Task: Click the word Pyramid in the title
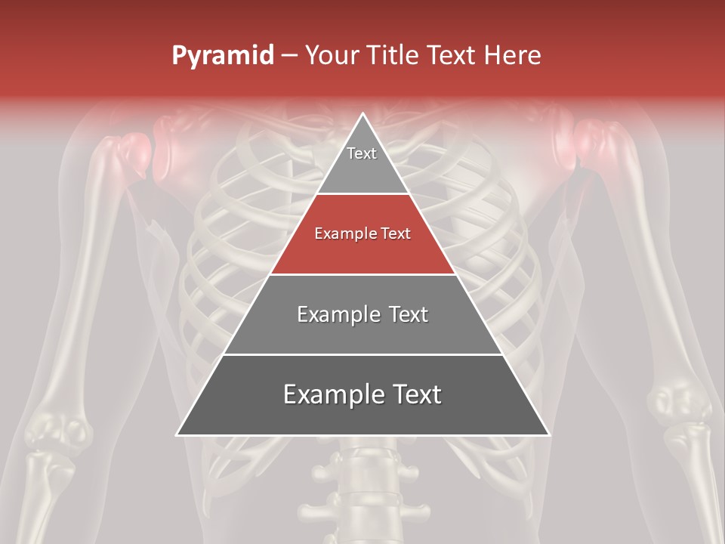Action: (x=223, y=56)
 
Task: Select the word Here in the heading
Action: (x=512, y=56)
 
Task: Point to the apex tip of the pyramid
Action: (x=362, y=115)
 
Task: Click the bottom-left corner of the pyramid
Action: (x=178, y=434)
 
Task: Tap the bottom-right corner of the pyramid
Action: (x=548, y=434)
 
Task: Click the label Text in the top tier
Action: (x=362, y=153)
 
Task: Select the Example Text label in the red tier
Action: (x=362, y=233)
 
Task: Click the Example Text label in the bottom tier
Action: (x=362, y=394)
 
